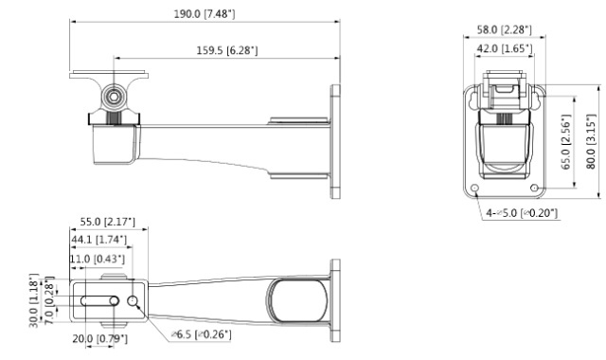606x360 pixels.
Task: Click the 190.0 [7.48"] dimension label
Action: click(205, 14)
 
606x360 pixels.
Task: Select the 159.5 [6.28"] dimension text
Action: click(227, 50)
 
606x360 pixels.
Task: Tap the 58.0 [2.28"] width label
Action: click(504, 29)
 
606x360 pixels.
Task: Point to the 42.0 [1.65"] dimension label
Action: click(505, 48)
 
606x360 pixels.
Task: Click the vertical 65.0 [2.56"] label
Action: click(566, 141)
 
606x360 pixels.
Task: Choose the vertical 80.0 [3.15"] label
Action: click(591, 141)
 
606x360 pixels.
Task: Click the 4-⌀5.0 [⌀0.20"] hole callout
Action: click(522, 212)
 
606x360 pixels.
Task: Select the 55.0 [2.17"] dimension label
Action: click(107, 222)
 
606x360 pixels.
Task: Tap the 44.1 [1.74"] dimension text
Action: click(98, 240)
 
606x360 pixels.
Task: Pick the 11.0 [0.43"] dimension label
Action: click(98, 259)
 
